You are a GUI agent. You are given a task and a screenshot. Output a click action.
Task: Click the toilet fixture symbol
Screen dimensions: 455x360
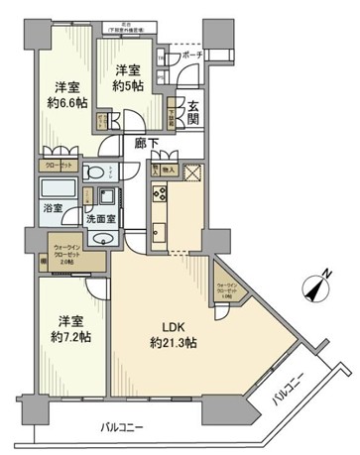pyautogui.click(x=94, y=172)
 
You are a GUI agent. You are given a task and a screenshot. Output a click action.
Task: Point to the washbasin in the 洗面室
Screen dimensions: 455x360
pyautogui.click(x=102, y=239)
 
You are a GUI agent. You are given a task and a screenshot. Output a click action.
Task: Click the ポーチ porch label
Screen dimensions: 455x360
pyautogui.click(x=192, y=57)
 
